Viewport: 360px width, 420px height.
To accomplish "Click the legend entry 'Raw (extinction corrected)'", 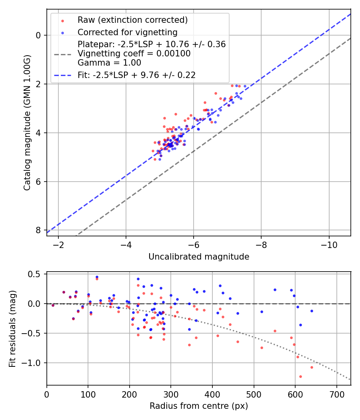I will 132,20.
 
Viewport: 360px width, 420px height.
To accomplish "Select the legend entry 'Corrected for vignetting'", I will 127,32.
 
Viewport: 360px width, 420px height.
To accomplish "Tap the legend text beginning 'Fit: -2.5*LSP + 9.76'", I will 136,75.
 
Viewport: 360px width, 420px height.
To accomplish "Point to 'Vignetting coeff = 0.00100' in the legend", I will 134,54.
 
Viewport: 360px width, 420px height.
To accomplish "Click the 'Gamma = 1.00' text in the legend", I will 109,63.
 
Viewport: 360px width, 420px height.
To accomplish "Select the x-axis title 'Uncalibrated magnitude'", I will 199,257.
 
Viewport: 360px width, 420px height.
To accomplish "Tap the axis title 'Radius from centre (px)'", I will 199,406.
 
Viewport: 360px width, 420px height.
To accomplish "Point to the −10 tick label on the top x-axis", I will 329,244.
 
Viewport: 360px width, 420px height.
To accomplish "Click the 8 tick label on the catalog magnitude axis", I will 38,230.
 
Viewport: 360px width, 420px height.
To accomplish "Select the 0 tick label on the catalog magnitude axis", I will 38,35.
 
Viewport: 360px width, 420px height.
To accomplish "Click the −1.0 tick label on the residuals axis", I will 33,363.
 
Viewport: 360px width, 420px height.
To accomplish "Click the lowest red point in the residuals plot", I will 300,376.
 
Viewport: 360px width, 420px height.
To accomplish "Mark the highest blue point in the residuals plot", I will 97,277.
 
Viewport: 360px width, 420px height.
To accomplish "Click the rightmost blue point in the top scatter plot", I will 245,86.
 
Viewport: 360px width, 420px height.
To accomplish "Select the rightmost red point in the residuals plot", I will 312,367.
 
